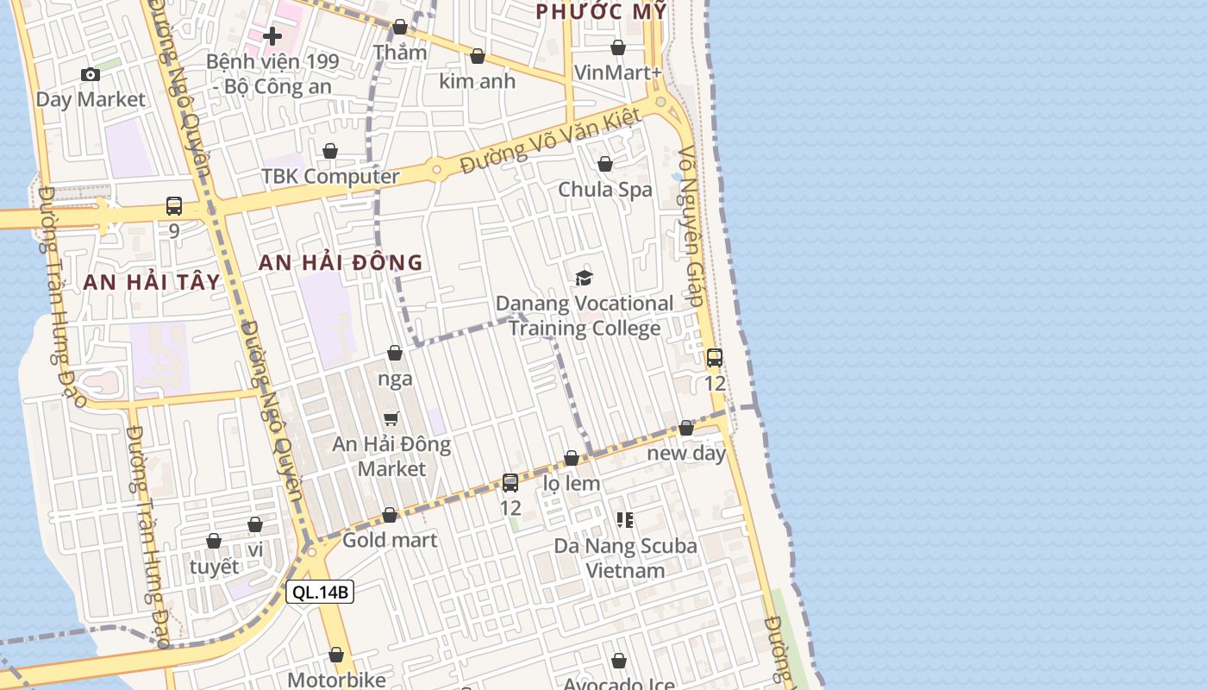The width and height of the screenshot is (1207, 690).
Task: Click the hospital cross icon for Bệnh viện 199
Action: [272, 36]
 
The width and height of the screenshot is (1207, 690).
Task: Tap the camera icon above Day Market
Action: [91, 75]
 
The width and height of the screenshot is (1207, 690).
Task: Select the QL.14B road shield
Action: [320, 592]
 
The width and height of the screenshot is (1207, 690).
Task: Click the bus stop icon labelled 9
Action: [174, 206]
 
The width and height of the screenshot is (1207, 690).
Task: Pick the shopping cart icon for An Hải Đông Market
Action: [391, 419]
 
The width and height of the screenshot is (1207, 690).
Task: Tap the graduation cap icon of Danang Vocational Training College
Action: [585, 278]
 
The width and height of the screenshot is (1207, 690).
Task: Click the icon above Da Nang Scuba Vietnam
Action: [625, 520]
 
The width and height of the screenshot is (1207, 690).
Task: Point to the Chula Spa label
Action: [605, 189]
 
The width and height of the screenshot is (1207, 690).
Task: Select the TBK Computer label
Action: [330, 177]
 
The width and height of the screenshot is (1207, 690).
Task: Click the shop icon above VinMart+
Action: [618, 47]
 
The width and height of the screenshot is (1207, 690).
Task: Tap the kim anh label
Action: [477, 81]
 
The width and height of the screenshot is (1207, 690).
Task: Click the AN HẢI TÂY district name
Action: [152, 282]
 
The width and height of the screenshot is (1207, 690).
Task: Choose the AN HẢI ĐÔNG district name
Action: [341, 263]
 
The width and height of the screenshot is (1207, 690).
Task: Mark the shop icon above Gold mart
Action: [390, 515]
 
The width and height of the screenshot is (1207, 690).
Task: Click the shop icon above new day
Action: [686, 428]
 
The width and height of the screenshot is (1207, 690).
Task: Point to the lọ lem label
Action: [572, 483]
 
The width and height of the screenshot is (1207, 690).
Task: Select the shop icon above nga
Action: [395, 353]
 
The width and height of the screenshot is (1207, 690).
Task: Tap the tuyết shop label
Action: [214, 567]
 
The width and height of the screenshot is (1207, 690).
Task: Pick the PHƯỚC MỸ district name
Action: [601, 11]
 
